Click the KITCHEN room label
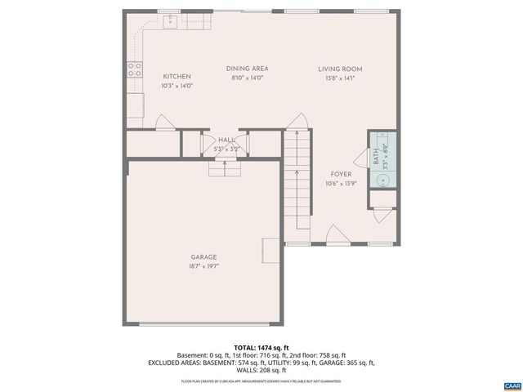177,76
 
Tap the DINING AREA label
248,69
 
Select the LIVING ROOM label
340,69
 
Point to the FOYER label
341,175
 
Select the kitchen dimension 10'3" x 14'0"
177,85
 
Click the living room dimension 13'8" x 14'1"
340,78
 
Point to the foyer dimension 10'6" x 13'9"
341,184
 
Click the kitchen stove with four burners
133,70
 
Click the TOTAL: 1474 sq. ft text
261,348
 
